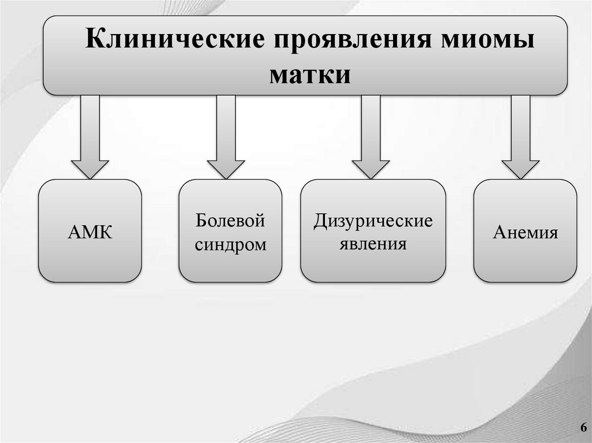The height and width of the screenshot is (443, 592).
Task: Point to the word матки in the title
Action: point(310,75)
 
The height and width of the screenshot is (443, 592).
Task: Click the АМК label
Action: point(90,233)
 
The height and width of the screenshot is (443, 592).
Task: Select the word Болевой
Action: point(230,221)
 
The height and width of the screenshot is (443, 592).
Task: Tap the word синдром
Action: point(231,244)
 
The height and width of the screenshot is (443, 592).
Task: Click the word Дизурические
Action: point(373,221)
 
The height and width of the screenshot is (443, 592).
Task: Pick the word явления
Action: point(373,244)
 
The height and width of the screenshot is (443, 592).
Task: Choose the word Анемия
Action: point(525,233)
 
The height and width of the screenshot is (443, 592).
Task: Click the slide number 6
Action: point(582,427)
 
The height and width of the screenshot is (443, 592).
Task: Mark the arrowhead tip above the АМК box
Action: point(90,177)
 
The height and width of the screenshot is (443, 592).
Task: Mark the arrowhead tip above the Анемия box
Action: point(520,177)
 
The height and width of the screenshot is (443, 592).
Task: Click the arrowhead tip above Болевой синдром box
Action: point(226,177)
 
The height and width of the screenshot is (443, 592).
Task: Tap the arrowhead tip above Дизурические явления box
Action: point(371,177)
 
